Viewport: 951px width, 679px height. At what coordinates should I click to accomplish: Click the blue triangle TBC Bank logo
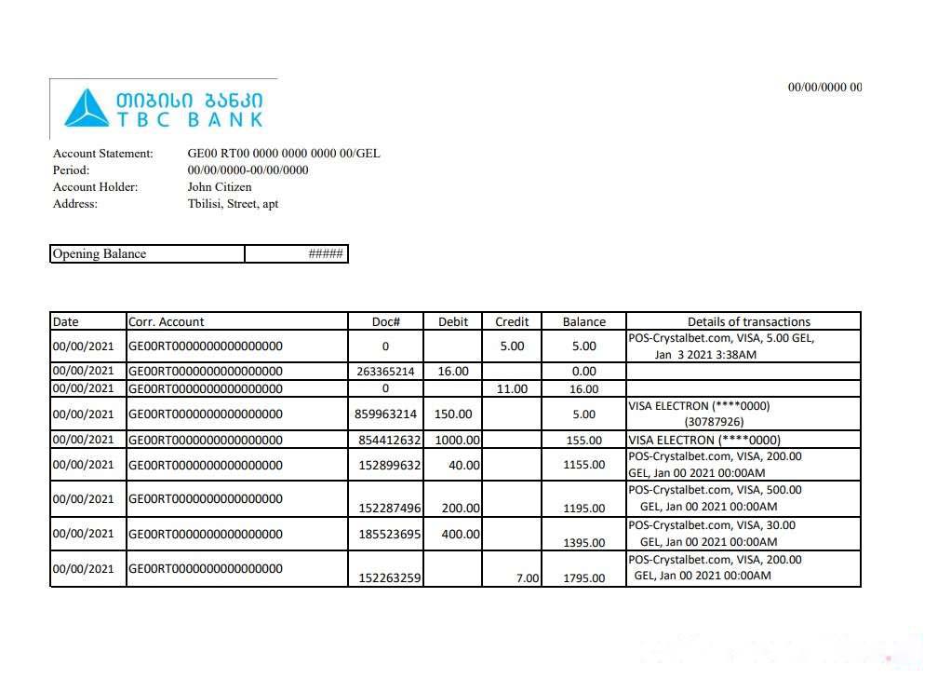[x=86, y=108]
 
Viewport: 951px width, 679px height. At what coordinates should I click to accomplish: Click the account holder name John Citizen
[x=220, y=187]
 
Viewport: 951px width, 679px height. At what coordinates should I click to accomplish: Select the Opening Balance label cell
[x=100, y=254]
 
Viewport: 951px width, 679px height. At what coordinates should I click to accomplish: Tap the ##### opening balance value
[x=326, y=254]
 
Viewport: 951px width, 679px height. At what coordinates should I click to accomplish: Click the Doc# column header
[x=385, y=322]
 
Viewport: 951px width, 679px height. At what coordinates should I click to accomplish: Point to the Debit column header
[x=453, y=322]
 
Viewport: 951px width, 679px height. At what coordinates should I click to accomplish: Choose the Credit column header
[x=512, y=322]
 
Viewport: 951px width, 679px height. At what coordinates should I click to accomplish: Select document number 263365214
[x=385, y=372]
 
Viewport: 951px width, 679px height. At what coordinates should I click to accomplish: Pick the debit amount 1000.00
[x=457, y=441]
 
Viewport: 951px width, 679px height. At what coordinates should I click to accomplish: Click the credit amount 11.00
[x=512, y=389]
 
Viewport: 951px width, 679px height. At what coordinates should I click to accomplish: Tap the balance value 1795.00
[x=583, y=578]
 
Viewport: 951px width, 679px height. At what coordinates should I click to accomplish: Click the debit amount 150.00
[x=453, y=414]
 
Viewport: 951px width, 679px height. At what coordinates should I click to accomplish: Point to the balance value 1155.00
[x=583, y=465]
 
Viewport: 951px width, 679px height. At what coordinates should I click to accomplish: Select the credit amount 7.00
[x=528, y=578]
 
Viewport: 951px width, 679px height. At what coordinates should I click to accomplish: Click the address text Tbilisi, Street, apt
[x=233, y=204]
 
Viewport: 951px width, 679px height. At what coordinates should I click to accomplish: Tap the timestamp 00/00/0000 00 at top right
[x=824, y=88]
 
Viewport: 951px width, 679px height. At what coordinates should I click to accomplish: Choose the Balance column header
[x=583, y=322]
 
